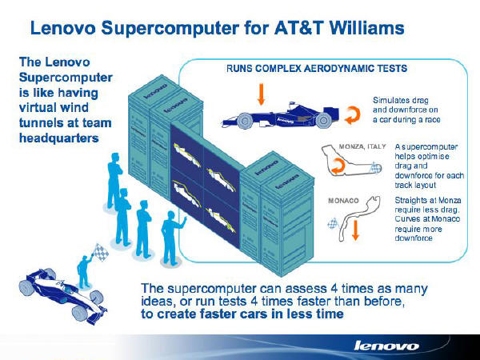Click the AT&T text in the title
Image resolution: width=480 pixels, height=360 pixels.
coord(298,28)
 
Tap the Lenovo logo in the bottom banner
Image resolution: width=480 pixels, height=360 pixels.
coord(386,346)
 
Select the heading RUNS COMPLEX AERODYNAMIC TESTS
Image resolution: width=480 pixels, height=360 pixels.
coord(317,68)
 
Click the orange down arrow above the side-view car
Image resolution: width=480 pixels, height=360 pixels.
coord(261,94)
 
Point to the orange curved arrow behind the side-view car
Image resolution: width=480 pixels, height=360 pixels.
coord(352,115)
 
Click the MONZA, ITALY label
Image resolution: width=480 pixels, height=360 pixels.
coord(362,146)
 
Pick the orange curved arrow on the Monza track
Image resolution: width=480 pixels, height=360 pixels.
coord(338,166)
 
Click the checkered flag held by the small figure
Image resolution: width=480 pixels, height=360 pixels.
coord(101,252)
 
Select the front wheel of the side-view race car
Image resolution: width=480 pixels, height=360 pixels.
coord(244,121)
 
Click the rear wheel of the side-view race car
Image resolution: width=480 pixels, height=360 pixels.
coord(323,121)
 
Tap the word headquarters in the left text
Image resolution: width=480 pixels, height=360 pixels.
coord(58,138)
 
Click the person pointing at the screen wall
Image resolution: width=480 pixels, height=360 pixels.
coord(172,238)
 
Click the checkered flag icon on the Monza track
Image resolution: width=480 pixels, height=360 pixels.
coord(374,167)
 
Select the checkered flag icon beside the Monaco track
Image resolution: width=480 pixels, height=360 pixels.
coord(333,223)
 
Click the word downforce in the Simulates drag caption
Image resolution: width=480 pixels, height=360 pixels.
coord(418,110)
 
